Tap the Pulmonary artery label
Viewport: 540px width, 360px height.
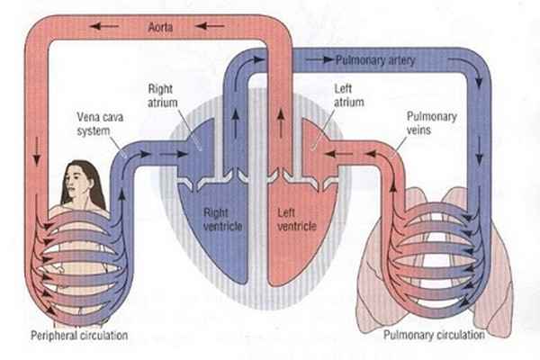coord(372,61)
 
